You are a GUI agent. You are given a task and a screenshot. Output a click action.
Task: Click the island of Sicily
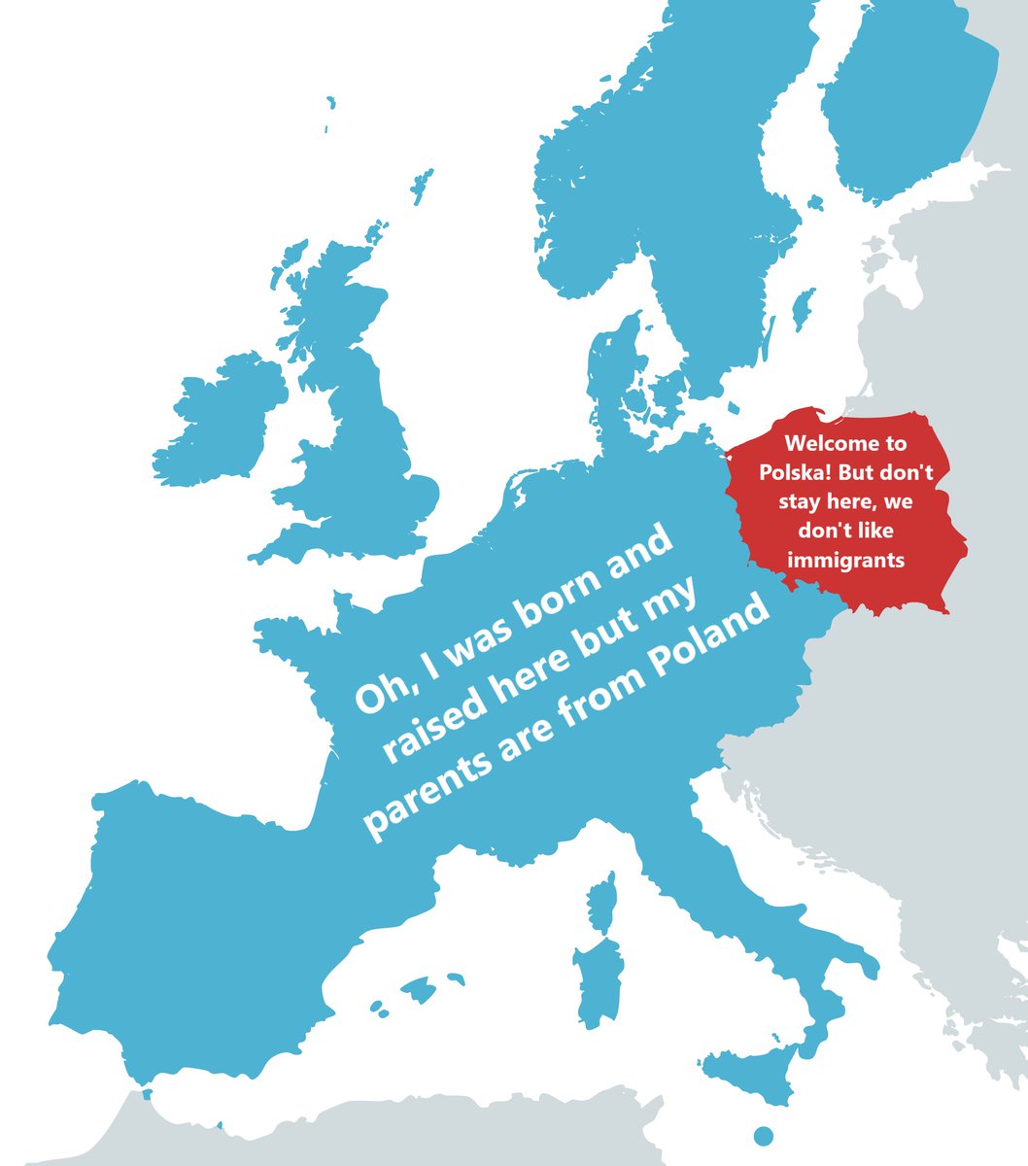[754, 1073]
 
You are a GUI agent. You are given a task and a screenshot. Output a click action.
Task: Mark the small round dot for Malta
[763, 1135]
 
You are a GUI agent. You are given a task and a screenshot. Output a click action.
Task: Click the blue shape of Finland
[904, 107]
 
